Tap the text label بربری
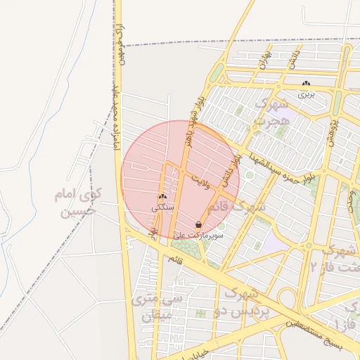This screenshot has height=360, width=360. tap(305, 94)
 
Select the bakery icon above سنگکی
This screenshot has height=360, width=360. tap(162, 198)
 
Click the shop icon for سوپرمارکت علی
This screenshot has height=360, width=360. tap(200, 225)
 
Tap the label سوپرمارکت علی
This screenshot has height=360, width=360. tap(202, 236)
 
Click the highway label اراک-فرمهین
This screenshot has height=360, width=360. tap(121, 47)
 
